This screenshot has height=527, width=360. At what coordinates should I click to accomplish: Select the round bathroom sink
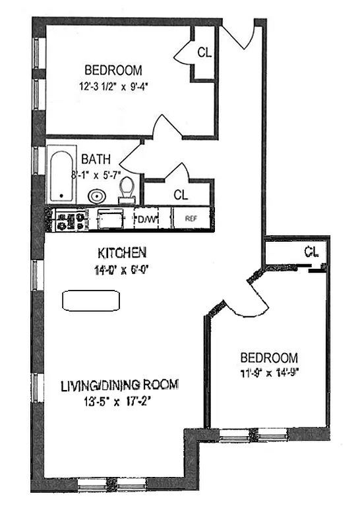tap(96, 196)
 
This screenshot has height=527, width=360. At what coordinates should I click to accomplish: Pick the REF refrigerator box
tap(191, 219)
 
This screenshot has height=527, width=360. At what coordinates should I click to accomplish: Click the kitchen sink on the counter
tap(109, 218)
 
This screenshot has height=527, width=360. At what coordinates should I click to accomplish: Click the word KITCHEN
tap(122, 252)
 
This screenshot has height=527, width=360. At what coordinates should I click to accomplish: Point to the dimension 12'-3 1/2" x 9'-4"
tap(120, 85)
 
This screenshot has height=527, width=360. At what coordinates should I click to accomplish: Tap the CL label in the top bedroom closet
tap(204, 53)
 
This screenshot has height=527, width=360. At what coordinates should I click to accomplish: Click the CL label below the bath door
tap(180, 194)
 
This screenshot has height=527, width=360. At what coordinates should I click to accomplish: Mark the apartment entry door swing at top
tap(239, 36)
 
